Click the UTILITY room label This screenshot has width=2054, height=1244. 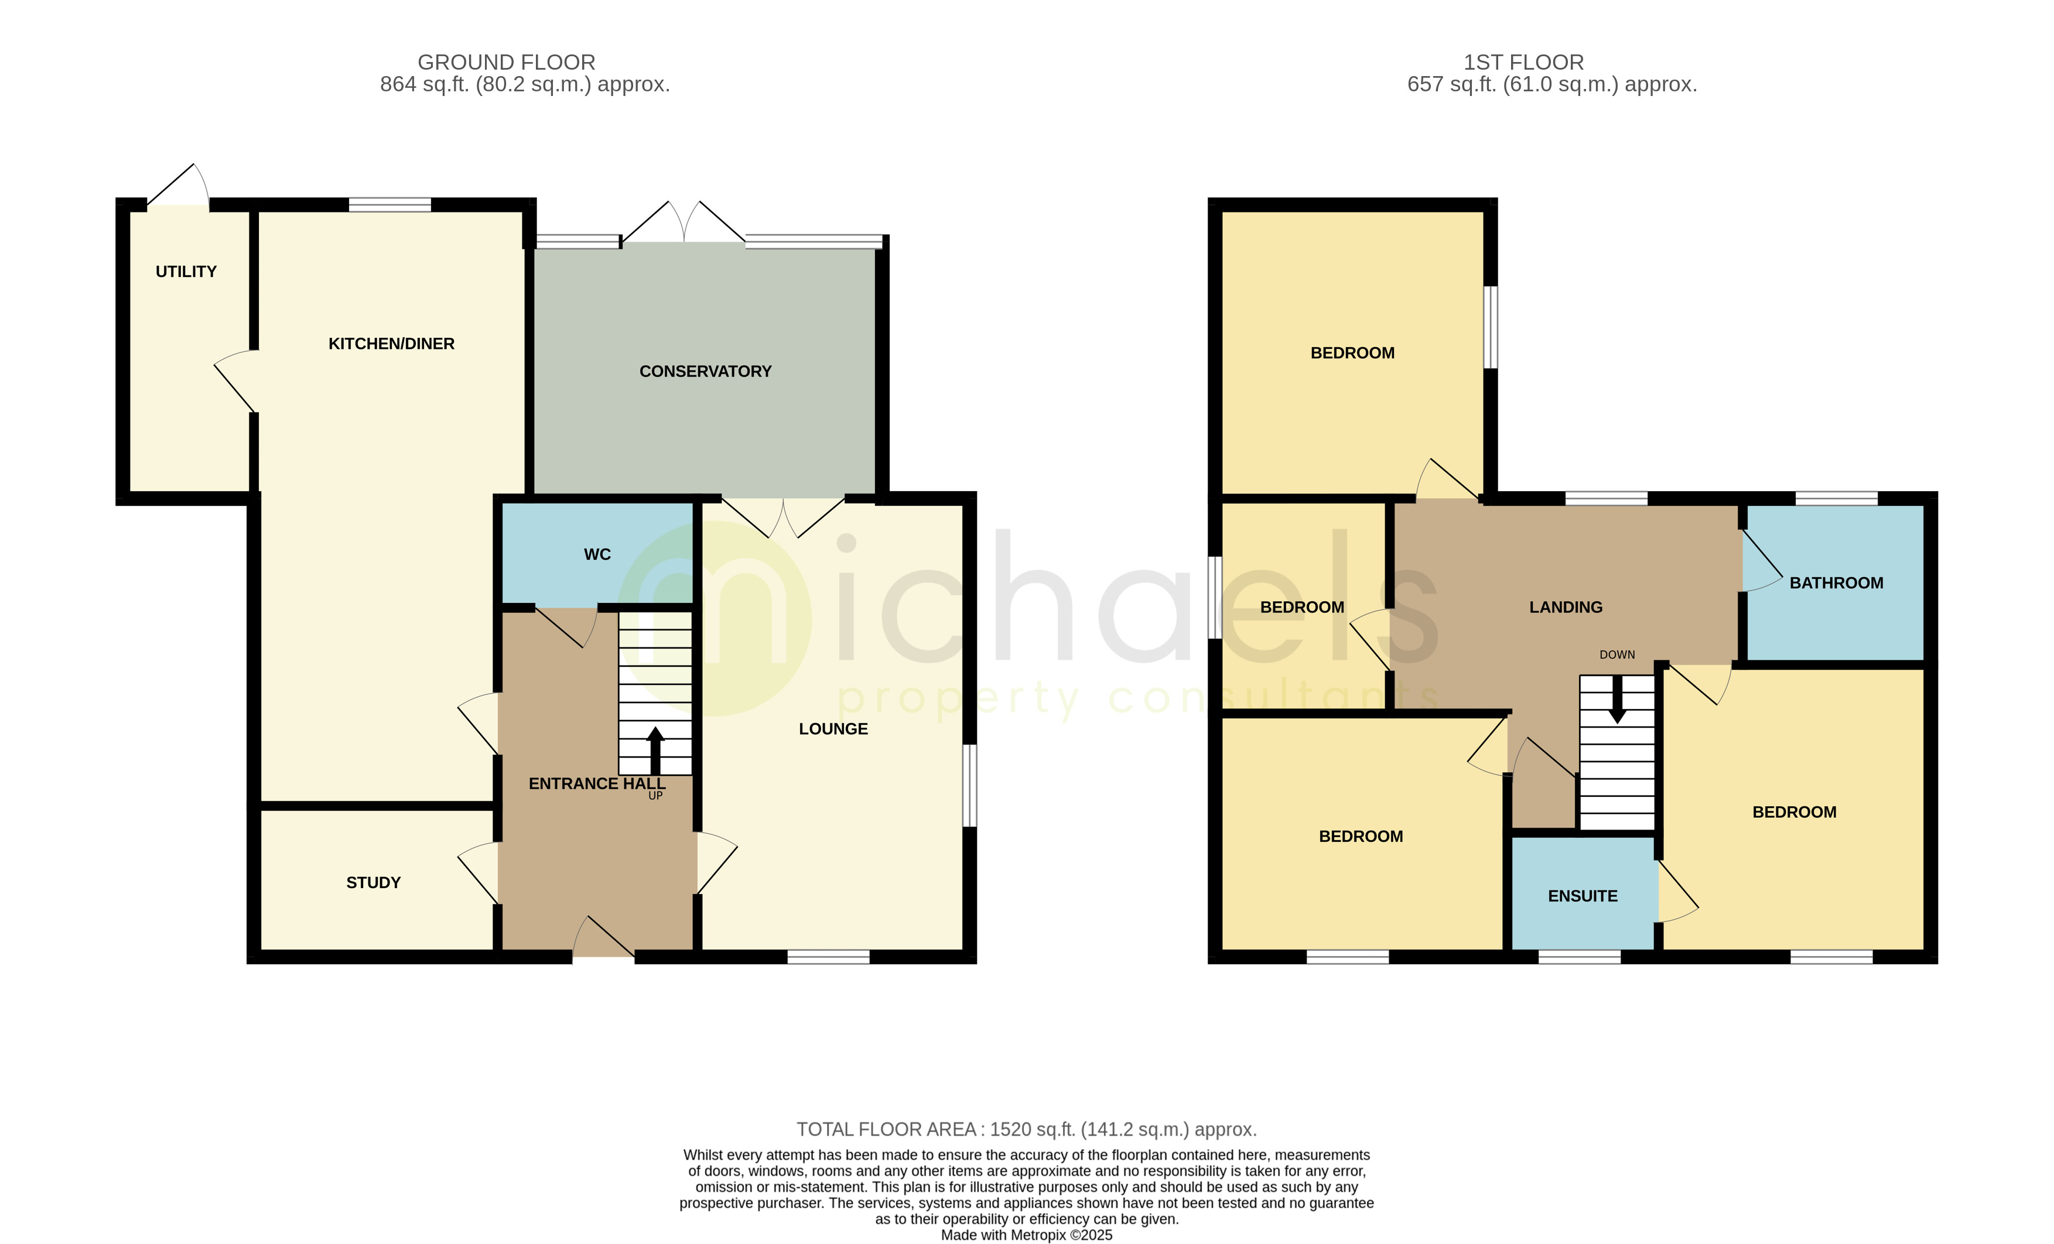pyautogui.click(x=186, y=272)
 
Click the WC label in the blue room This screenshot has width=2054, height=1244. pyautogui.click(x=597, y=555)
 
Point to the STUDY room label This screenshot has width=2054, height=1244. pyautogui.click(x=374, y=882)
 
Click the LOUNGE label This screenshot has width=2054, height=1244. pyautogui.click(x=833, y=729)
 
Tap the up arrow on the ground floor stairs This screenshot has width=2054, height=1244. pyautogui.click(x=655, y=749)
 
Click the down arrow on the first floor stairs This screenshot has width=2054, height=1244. pyautogui.click(x=1617, y=700)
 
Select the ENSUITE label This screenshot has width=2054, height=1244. pyautogui.click(x=1582, y=896)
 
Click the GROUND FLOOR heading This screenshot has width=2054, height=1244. pyautogui.click(x=506, y=63)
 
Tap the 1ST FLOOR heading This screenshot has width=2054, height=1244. pyautogui.click(x=1523, y=63)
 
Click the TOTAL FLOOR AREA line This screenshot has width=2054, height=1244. pyautogui.click(x=1026, y=1130)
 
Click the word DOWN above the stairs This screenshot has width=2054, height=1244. pyautogui.click(x=1617, y=655)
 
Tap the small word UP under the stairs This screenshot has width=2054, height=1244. pyautogui.click(x=655, y=796)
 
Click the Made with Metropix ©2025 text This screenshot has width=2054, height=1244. pyautogui.click(x=1026, y=1235)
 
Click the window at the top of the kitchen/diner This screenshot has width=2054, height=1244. pyautogui.click(x=389, y=205)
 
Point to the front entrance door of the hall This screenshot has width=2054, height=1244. pyautogui.click(x=603, y=939)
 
